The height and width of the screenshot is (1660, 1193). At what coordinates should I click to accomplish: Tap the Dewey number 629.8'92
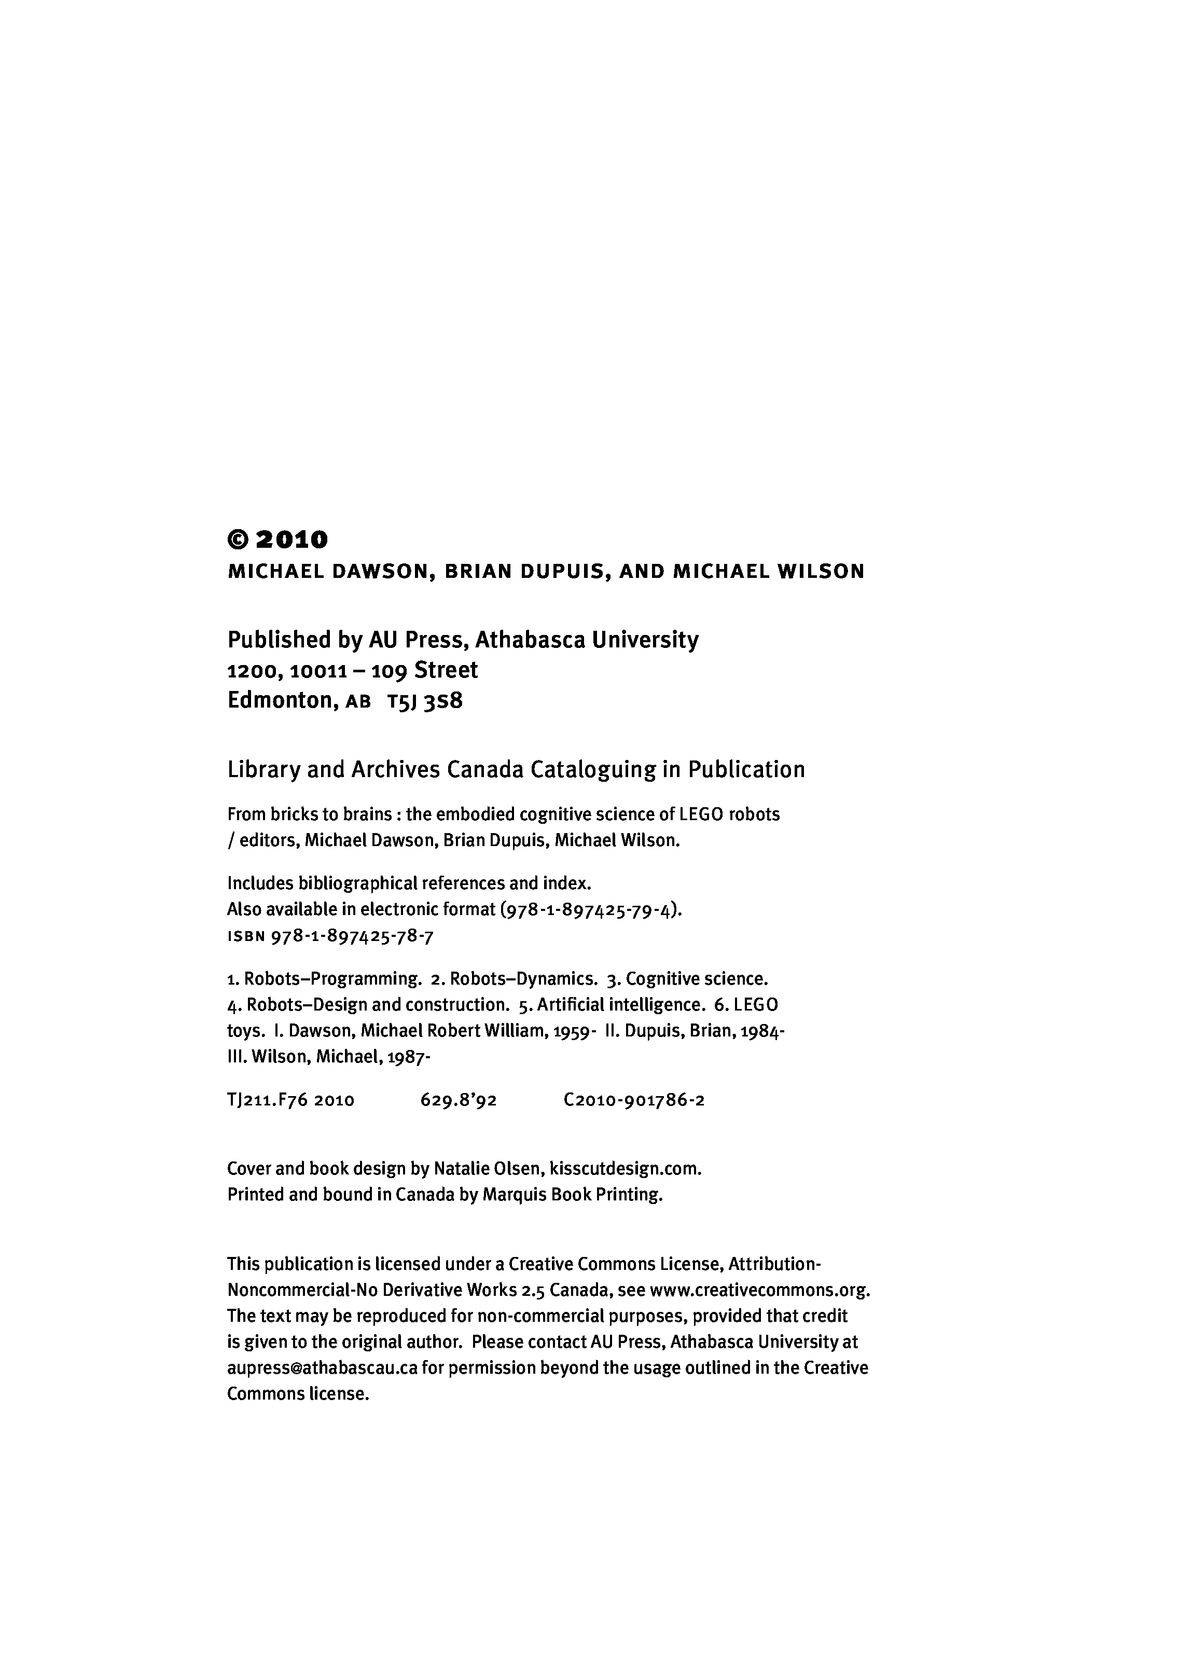459,1100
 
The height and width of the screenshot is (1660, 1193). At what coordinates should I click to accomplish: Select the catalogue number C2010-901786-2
634,1100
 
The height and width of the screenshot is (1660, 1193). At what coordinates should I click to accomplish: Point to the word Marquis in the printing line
512,1195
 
